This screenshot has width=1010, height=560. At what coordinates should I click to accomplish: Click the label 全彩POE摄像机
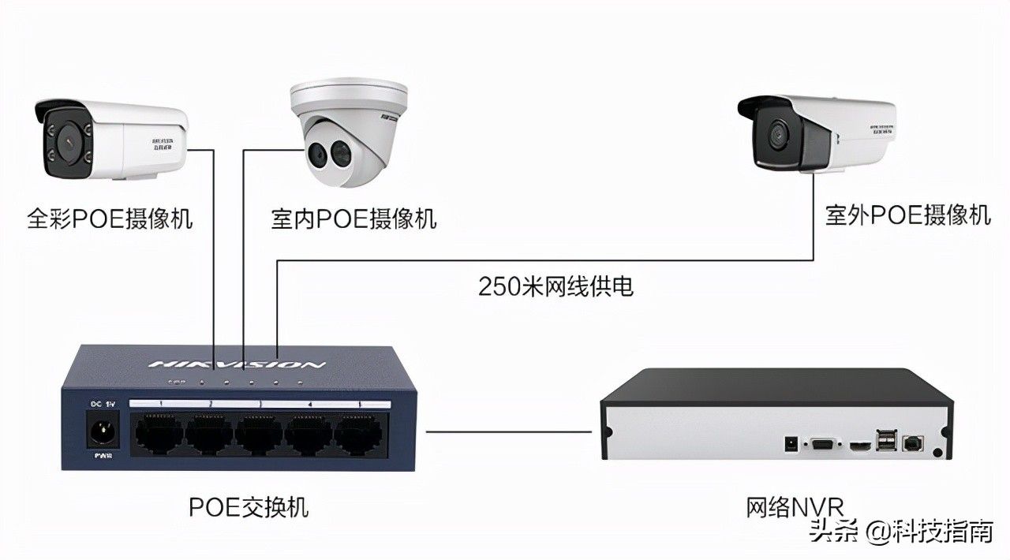tap(110, 218)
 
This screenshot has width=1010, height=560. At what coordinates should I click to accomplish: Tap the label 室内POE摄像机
tap(353, 218)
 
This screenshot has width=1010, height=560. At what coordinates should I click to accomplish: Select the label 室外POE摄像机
tap(907, 215)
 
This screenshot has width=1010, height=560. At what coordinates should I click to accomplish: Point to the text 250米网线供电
tap(556, 286)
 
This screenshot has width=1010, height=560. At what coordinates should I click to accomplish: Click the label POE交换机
tap(249, 506)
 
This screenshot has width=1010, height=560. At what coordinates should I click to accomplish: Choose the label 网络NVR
tap(795, 506)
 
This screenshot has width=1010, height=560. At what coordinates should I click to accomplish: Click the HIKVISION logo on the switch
tap(237, 364)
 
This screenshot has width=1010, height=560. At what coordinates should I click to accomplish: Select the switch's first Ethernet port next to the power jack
tap(159, 435)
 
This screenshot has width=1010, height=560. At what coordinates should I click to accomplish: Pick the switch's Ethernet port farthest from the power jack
tap(359, 435)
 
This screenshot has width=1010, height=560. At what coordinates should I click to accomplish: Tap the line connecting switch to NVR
tap(508, 431)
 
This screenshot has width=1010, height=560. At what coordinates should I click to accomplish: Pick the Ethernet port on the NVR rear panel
tap(913, 444)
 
